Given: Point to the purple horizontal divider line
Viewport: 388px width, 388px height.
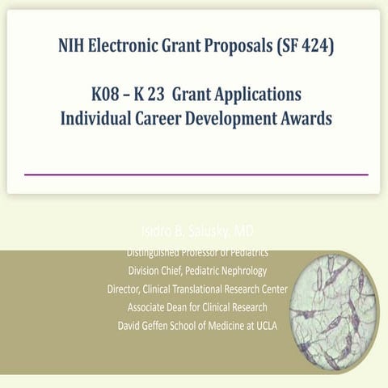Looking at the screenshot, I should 196,174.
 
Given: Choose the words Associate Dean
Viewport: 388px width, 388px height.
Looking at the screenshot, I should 159,307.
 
